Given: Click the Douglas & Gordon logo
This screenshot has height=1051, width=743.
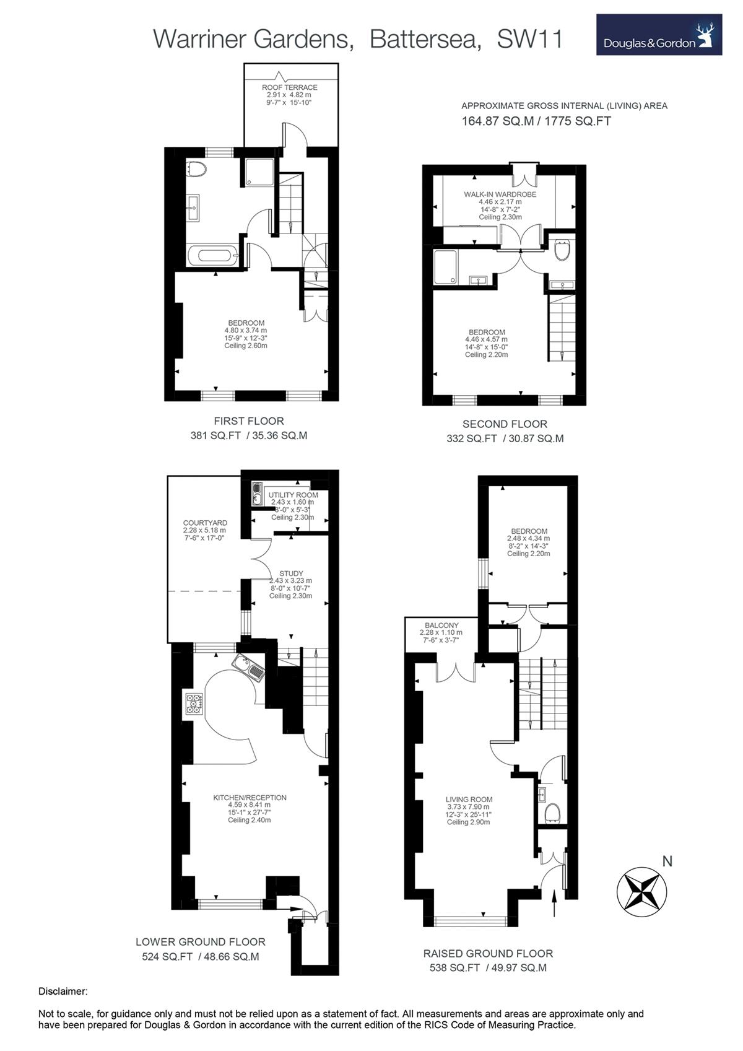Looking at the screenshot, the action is point(659,35).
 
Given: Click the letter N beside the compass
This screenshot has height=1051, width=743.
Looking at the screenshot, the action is point(667,861).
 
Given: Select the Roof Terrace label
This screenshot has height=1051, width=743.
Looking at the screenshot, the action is point(289,87).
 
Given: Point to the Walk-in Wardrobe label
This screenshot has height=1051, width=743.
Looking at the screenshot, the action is point(500,194).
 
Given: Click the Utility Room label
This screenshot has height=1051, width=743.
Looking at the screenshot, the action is point(293,495).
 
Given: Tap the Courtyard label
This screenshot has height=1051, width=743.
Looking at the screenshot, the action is point(205,523).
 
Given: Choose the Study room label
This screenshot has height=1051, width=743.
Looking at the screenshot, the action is point(291,573).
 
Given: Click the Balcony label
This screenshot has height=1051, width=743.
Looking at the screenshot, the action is point(441,626).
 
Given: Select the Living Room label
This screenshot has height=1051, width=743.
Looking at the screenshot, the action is point(469,800).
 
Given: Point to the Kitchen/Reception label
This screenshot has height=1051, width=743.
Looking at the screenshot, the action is point(250,798).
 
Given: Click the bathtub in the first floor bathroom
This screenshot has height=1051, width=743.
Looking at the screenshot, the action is point(214,256).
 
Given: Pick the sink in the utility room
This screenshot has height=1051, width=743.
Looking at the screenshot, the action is point(257,494).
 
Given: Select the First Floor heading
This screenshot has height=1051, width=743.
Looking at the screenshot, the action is point(249,421).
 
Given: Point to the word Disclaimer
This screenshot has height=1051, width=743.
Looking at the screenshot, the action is point(63,992).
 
